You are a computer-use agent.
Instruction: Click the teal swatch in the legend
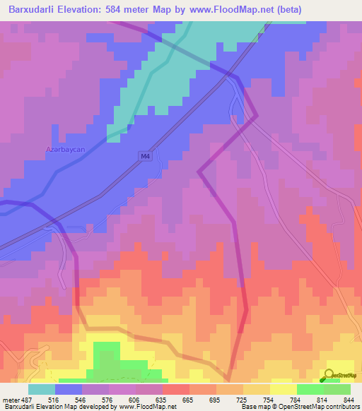[x=42, y=389]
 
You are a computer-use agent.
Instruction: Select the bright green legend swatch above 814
[x=310, y=389]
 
